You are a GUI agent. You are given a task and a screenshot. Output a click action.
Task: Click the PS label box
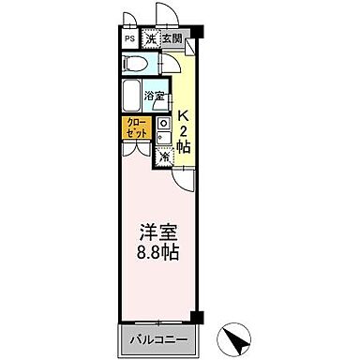[128, 39]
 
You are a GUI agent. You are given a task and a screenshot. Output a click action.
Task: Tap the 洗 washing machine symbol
[149, 39]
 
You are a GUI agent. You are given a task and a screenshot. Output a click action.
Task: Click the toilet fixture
[137, 65]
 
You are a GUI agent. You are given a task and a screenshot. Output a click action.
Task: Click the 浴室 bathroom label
[155, 97]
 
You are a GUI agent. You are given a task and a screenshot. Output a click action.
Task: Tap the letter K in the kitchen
[184, 118]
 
